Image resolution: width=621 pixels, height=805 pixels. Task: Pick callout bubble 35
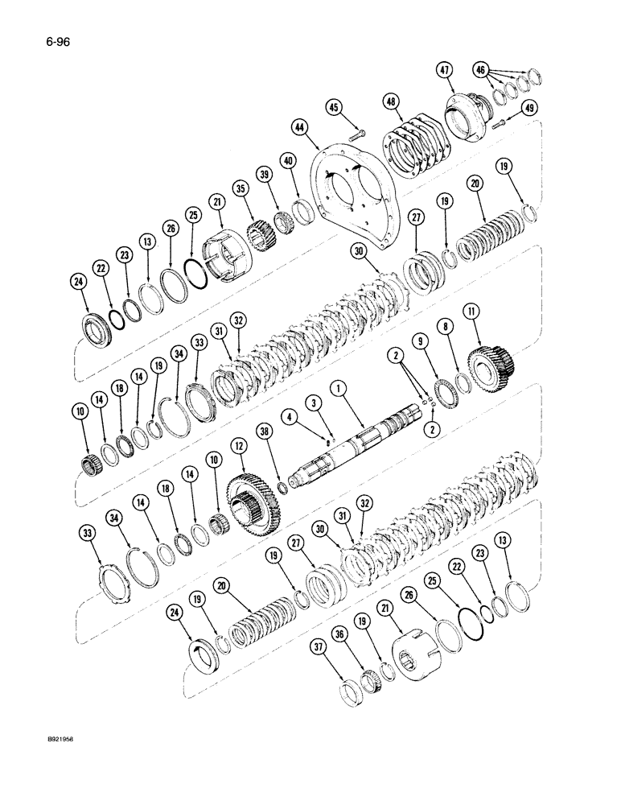tap(240, 190)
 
